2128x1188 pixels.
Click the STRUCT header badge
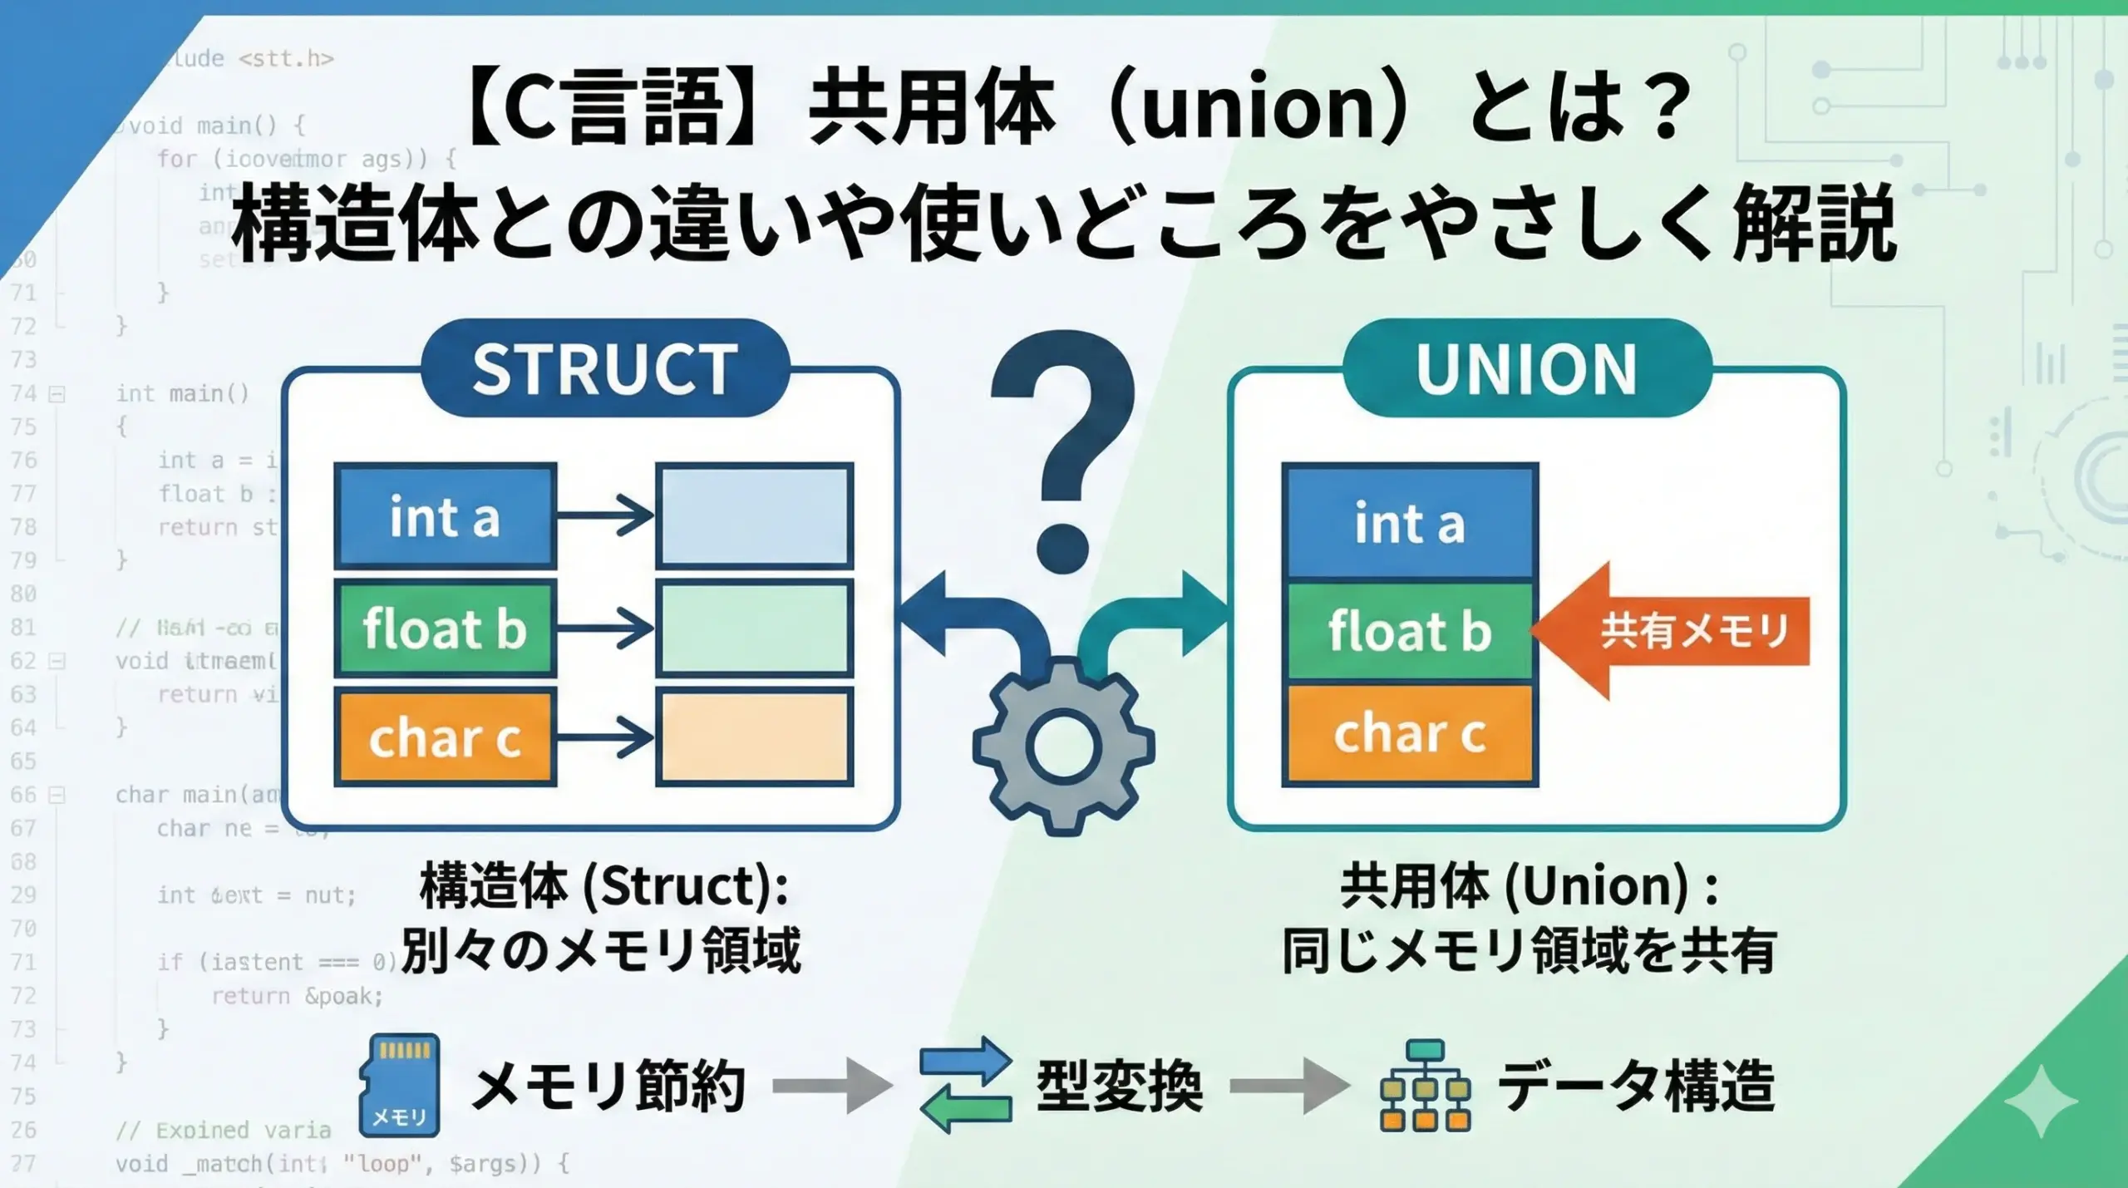click(604, 368)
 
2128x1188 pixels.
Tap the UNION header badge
click(1527, 368)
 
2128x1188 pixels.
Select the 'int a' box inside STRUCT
click(445, 516)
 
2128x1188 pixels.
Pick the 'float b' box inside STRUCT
click(445, 628)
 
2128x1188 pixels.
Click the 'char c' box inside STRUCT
click(445, 737)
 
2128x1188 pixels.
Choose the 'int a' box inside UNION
click(1410, 523)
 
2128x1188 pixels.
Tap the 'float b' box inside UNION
click(1410, 630)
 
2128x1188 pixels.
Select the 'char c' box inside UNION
click(1410, 734)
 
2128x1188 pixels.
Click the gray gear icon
click(1063, 745)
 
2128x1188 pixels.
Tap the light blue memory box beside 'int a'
click(755, 516)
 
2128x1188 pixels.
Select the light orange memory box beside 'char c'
click(755, 737)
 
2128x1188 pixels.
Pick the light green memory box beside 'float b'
click(755, 628)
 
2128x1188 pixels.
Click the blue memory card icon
click(400, 1085)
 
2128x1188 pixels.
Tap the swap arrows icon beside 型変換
click(966, 1085)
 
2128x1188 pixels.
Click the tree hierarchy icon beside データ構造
click(1425, 1085)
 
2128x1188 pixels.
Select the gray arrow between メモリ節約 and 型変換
click(832, 1085)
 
